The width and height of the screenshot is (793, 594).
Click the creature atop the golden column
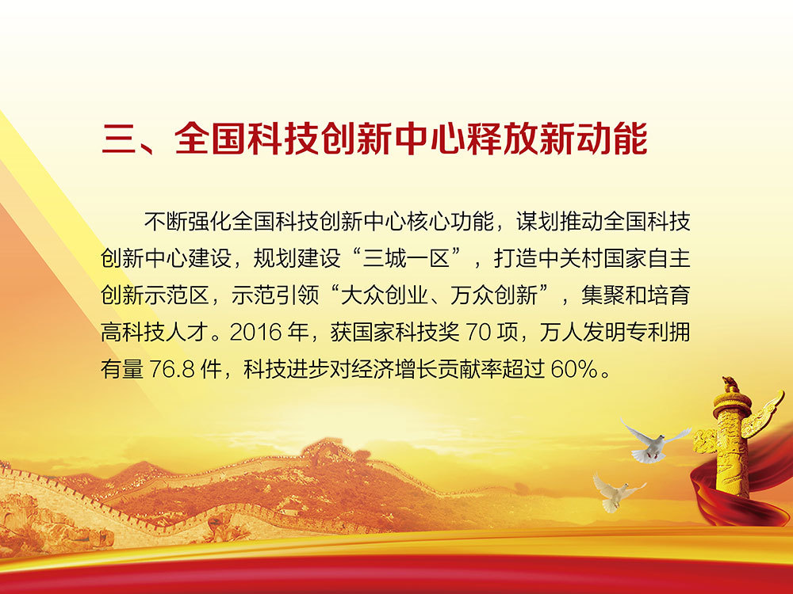pos(730,386)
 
